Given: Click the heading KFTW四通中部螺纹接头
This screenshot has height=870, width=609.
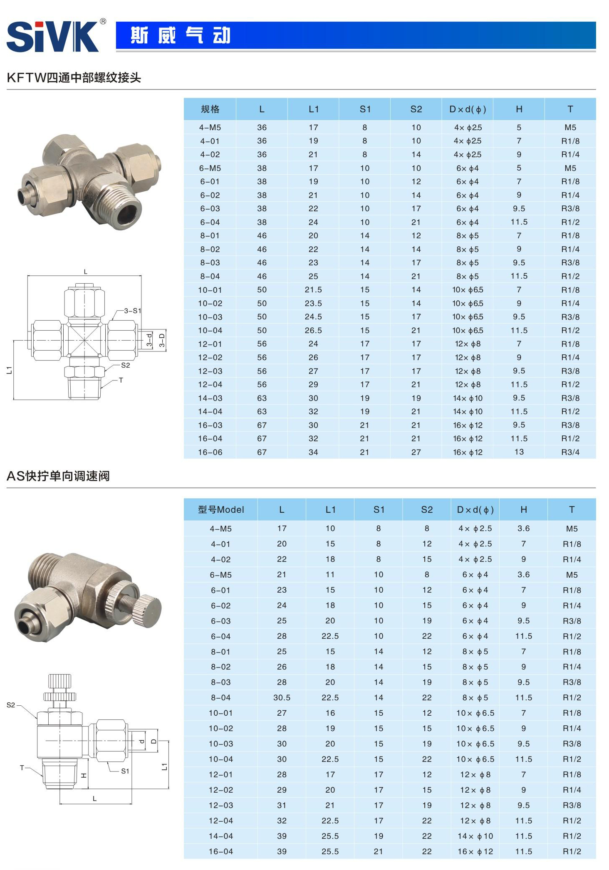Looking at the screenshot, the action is click(x=74, y=78).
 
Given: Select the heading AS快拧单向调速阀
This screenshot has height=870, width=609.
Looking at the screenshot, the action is click(x=58, y=476).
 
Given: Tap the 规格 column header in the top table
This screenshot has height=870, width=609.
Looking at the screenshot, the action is click(x=210, y=109).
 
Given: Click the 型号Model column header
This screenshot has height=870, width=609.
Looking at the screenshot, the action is click(x=221, y=509).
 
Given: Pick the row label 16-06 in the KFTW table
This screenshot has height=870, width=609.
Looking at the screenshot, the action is click(x=210, y=452).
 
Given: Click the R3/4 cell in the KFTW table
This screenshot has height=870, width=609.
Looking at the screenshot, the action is click(x=570, y=452).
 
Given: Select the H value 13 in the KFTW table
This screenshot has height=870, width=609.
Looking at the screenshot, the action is click(x=519, y=452).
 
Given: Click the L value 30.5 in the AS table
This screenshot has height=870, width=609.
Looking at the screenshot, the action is click(x=282, y=697).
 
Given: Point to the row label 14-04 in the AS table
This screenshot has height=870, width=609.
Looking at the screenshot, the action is click(x=221, y=836).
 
